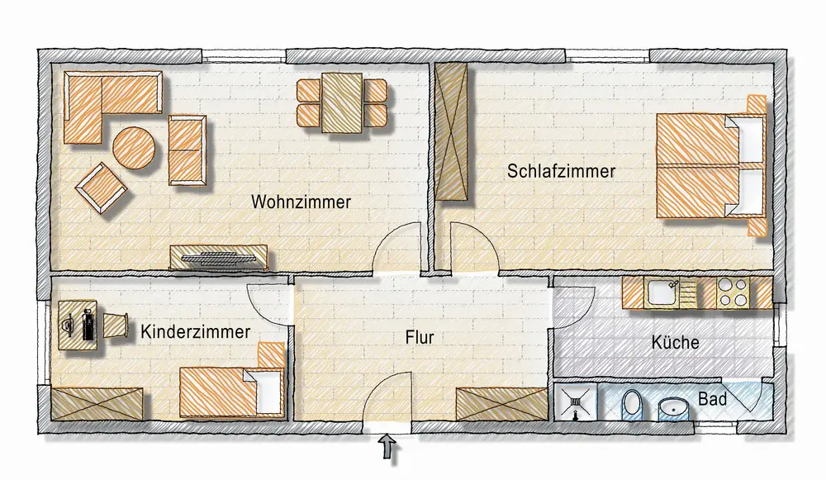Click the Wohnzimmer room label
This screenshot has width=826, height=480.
click(301, 202)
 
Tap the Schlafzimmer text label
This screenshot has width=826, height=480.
click(561, 171)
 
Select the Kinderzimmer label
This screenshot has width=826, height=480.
click(196, 332)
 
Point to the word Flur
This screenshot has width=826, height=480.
click(420, 337)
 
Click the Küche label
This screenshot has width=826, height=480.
click(676, 343)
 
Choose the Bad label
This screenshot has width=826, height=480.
click(713, 399)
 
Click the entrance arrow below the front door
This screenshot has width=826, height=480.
click(388, 449)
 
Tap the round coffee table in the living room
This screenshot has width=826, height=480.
click(134, 148)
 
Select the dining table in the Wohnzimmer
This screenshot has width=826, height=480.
click(342, 103)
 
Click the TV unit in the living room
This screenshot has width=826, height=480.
click(219, 258)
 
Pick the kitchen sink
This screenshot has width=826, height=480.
click(664, 292)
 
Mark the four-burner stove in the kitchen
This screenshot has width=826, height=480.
click(733, 293)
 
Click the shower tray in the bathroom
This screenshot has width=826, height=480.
click(575, 402)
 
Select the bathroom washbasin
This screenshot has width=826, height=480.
click(673, 408)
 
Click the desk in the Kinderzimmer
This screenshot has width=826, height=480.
click(78, 325)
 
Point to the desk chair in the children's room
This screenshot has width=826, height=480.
click(116, 325)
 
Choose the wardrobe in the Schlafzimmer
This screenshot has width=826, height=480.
click(451, 131)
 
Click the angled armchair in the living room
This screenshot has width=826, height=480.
click(101, 188)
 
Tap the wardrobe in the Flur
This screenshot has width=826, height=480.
click(502, 404)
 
